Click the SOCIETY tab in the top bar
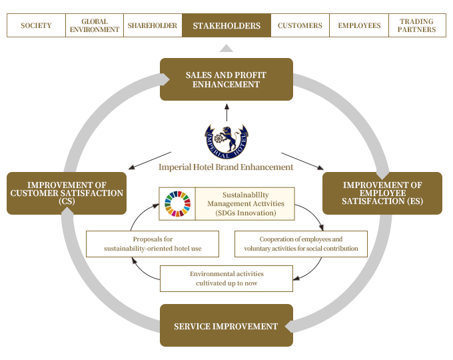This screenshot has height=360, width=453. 36,26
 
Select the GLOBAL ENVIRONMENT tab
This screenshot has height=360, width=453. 94,26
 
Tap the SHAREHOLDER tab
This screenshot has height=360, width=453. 153,26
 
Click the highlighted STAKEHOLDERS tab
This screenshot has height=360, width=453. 226,26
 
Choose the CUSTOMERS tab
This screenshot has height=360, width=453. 300,26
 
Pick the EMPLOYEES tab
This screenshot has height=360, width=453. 359,26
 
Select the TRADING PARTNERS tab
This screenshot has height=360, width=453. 418,26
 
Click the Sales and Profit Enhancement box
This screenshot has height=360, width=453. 226,79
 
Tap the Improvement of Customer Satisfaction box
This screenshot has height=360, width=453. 67,193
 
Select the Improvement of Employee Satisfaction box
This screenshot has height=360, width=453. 382,193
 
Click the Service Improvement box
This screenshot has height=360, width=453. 226,326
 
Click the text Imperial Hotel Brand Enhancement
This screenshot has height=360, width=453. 226,167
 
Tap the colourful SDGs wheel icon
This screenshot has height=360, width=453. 177,203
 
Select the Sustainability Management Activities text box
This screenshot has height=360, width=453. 244,203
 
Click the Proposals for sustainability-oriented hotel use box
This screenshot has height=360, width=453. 153,244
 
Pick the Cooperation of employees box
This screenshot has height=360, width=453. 300,244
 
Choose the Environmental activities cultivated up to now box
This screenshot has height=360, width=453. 226,279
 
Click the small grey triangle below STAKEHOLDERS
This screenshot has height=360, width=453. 226,48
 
